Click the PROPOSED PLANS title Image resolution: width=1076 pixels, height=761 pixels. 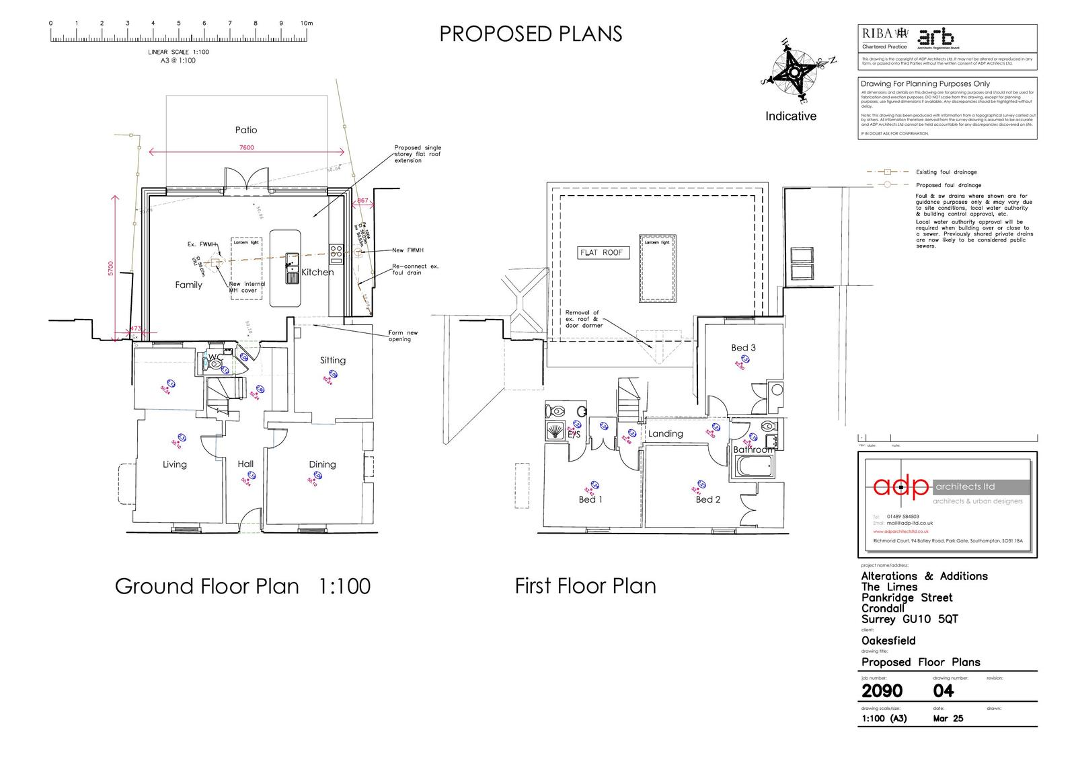click(531, 34)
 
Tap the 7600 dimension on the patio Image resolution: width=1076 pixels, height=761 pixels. click(247, 148)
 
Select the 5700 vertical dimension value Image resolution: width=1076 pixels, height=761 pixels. click(112, 268)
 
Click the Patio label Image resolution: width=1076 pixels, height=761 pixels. click(245, 130)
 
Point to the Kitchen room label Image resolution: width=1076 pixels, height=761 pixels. click(317, 273)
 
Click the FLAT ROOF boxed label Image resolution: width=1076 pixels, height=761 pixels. click(601, 253)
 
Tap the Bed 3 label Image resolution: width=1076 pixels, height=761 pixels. click(743, 348)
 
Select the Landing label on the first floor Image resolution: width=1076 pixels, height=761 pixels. click(665, 434)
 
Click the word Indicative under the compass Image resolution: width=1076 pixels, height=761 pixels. click(790, 116)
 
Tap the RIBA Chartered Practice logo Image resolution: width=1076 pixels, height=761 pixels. click(884, 37)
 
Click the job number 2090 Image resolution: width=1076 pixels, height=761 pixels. click(882, 691)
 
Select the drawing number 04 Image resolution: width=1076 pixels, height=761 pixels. click(943, 691)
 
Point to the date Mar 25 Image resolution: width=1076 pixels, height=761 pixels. click(948, 719)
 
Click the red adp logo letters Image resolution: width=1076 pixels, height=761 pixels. click(900, 486)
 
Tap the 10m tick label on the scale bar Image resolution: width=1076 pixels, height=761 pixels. click(307, 24)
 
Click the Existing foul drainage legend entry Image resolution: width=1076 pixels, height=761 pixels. click(946, 172)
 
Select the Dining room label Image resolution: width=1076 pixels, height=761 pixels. click(322, 464)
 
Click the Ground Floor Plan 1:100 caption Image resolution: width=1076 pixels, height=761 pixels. click(242, 586)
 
